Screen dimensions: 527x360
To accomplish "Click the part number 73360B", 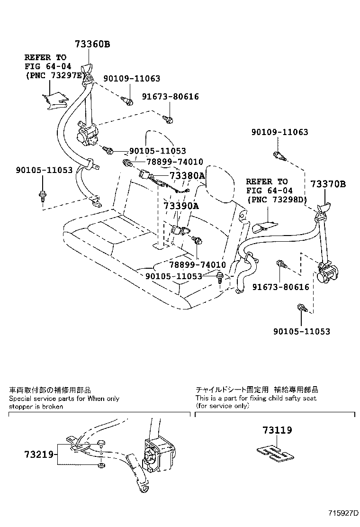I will [92, 45].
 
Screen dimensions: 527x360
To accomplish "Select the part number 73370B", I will [328, 184].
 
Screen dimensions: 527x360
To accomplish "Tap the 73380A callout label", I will [187, 176].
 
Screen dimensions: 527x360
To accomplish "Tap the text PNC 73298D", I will [277, 200].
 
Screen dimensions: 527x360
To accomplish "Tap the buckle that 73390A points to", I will [179, 231].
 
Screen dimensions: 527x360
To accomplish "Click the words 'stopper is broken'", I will [36, 407].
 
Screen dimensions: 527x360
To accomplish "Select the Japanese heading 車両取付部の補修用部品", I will [50, 390].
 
